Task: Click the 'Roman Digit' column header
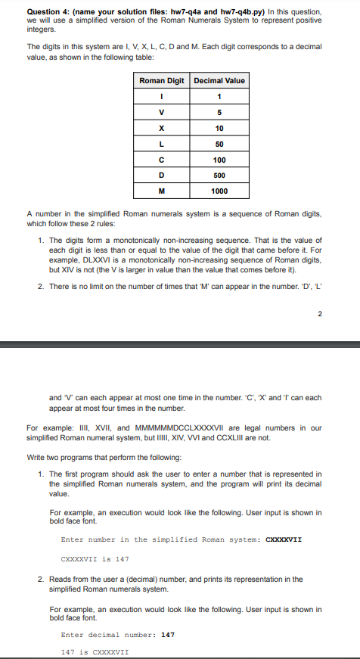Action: (x=162, y=80)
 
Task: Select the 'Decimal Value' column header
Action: (x=219, y=80)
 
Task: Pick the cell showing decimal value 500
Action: (x=219, y=176)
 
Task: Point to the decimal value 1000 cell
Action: (x=219, y=191)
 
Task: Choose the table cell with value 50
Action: (x=219, y=144)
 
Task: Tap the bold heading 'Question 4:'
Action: (x=48, y=11)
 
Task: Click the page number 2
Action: (x=319, y=313)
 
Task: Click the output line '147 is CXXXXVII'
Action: (x=95, y=651)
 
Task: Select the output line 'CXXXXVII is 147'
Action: (x=95, y=559)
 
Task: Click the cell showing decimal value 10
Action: (x=219, y=128)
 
